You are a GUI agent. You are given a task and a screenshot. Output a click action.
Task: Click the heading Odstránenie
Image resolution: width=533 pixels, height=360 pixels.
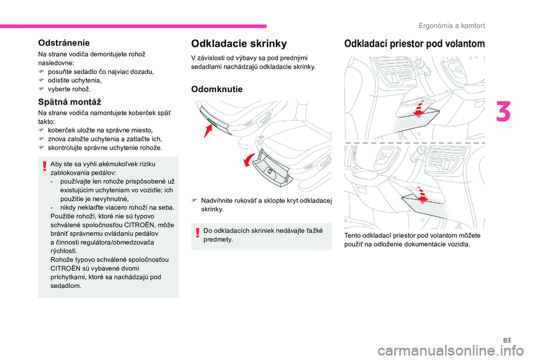click(x=64, y=42)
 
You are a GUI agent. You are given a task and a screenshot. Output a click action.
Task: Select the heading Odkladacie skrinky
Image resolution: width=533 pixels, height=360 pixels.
click(x=239, y=43)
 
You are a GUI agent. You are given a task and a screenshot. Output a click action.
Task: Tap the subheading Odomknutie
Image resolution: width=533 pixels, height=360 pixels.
click(x=217, y=89)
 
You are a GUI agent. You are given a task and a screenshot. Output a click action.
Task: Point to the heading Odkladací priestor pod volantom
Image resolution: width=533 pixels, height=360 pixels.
click(x=414, y=44)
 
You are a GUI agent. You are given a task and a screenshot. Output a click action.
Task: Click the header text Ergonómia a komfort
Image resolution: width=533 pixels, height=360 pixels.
click(x=452, y=26)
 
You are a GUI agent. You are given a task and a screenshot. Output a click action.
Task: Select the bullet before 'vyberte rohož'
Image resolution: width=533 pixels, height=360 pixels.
click(x=41, y=89)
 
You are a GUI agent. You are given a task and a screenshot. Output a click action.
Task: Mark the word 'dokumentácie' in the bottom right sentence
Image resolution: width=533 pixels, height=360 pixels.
click(x=428, y=244)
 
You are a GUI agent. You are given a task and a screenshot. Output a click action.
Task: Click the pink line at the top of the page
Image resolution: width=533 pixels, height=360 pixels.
click(x=133, y=26)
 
